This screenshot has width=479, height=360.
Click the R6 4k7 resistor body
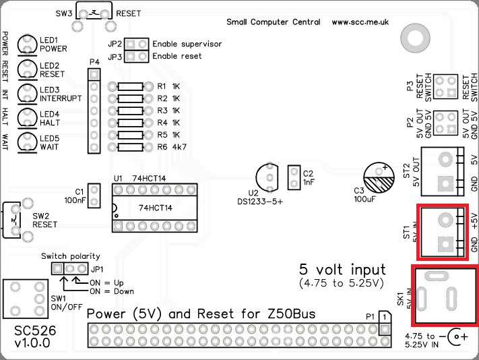(130, 146)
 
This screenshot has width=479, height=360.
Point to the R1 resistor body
(130, 87)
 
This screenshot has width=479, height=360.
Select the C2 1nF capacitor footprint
(293, 178)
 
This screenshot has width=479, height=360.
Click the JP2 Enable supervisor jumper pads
(137, 44)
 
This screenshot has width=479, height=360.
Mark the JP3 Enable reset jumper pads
(137, 57)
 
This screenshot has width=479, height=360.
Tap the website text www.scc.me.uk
(360, 22)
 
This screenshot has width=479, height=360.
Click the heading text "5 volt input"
(342, 268)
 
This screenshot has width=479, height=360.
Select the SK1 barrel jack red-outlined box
(445, 296)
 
